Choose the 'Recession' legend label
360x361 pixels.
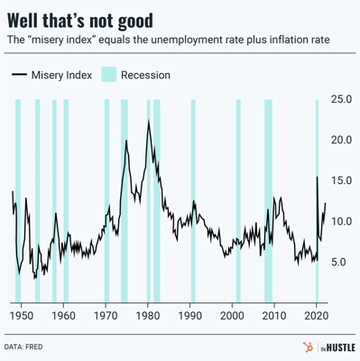(x=146, y=75)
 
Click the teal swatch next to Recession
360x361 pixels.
(x=110, y=75)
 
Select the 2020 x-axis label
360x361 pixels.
(x=317, y=317)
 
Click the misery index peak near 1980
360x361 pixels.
(x=149, y=122)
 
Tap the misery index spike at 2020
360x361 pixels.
(x=318, y=177)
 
